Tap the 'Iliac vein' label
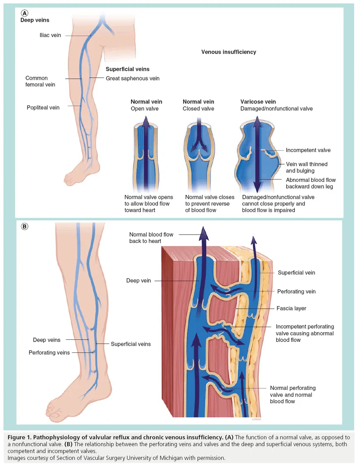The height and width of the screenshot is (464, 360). click(x=50, y=35)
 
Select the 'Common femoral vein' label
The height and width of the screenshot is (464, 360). click(x=36, y=81)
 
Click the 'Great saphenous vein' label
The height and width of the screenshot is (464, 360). click(x=133, y=78)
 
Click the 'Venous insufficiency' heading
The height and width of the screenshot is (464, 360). click(x=228, y=52)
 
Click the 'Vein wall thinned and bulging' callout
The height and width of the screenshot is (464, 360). click(x=306, y=167)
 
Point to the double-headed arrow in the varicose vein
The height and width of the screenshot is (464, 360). click(x=256, y=153)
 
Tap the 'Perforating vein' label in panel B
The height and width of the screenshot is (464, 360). click(x=297, y=292)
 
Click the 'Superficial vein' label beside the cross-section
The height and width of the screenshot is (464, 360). click(x=296, y=273)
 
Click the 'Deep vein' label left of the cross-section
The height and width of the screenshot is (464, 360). click(x=139, y=281)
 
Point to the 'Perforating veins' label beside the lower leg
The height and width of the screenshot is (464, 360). click(x=49, y=353)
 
